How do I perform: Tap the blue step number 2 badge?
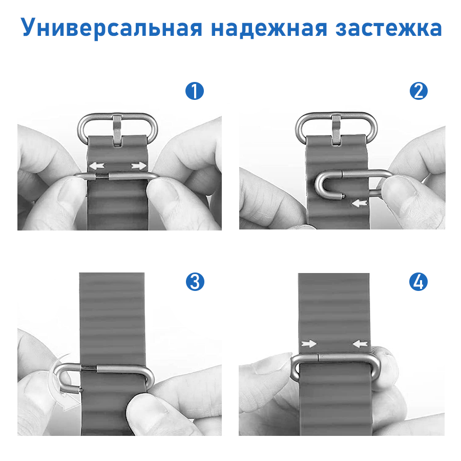418,92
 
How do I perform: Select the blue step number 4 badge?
418,281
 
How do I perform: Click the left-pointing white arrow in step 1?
96,165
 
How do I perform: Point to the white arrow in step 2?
360,203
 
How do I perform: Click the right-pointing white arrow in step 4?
309,344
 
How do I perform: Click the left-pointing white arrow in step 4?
361,344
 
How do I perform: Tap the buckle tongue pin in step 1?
118,129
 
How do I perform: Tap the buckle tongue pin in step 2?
337,129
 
